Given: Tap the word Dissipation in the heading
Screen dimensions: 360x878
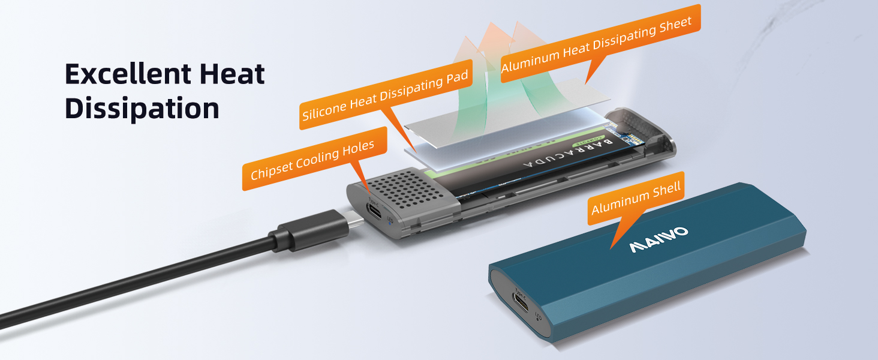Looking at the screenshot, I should (142, 109).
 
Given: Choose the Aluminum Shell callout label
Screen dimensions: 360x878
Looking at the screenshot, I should (636, 199).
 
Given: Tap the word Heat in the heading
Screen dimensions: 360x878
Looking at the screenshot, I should (230, 74).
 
